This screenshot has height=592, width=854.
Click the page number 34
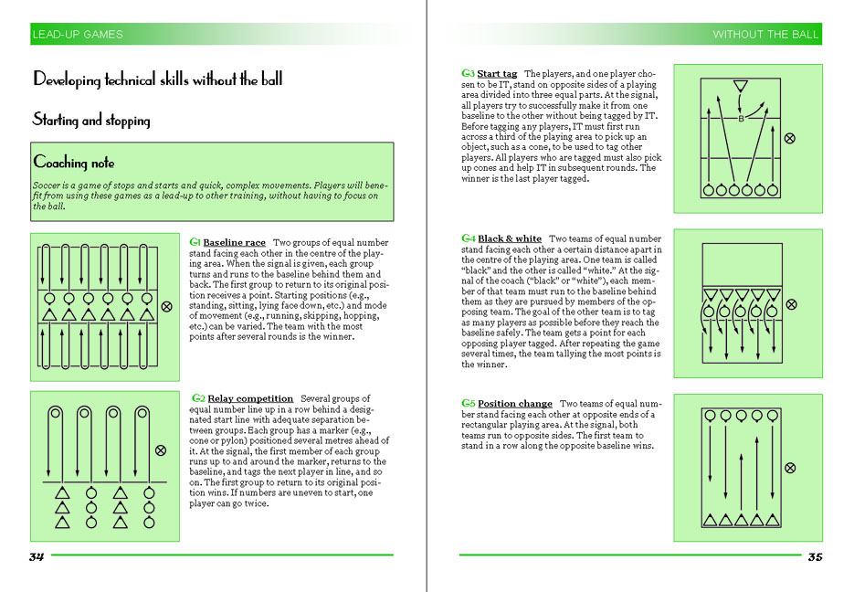(37, 556)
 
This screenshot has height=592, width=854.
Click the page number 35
(816, 556)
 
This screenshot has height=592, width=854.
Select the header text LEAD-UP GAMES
(78, 35)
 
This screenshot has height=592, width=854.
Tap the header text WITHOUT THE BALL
(765, 35)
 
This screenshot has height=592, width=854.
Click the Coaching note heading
(74, 162)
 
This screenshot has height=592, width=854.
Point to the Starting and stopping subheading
(91, 120)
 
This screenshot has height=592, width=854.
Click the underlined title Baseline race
(234, 242)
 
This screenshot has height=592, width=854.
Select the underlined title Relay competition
(250, 398)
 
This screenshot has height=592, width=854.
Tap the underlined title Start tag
(497, 73)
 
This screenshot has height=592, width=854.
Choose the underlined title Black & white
(510, 238)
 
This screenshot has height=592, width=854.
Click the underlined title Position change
(515, 404)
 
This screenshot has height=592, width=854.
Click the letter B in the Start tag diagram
(741, 119)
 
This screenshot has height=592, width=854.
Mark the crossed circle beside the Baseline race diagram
(166, 307)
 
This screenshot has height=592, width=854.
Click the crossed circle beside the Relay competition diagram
(161, 450)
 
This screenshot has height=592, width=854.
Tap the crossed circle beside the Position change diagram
(790, 468)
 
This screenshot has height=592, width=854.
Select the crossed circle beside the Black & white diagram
(791, 304)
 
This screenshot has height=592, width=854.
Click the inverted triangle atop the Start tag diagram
(740, 86)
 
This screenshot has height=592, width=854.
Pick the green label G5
(469, 404)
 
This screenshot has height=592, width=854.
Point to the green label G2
(198, 398)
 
